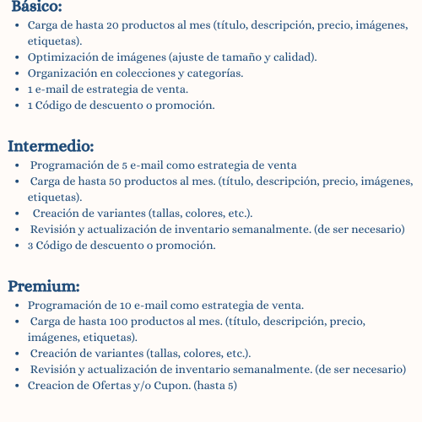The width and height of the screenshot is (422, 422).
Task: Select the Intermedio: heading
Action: click(51, 146)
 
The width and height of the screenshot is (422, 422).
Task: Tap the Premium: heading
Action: click(44, 285)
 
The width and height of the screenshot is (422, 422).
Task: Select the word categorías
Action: click(214, 73)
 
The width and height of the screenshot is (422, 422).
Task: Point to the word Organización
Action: click(61, 73)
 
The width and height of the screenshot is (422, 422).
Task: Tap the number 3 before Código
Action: click(30, 246)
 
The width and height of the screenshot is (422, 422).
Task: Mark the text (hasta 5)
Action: click(214, 386)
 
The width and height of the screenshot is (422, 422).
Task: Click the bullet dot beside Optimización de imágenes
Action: click(19, 57)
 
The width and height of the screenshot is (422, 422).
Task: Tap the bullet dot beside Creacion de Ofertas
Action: click(19, 386)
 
